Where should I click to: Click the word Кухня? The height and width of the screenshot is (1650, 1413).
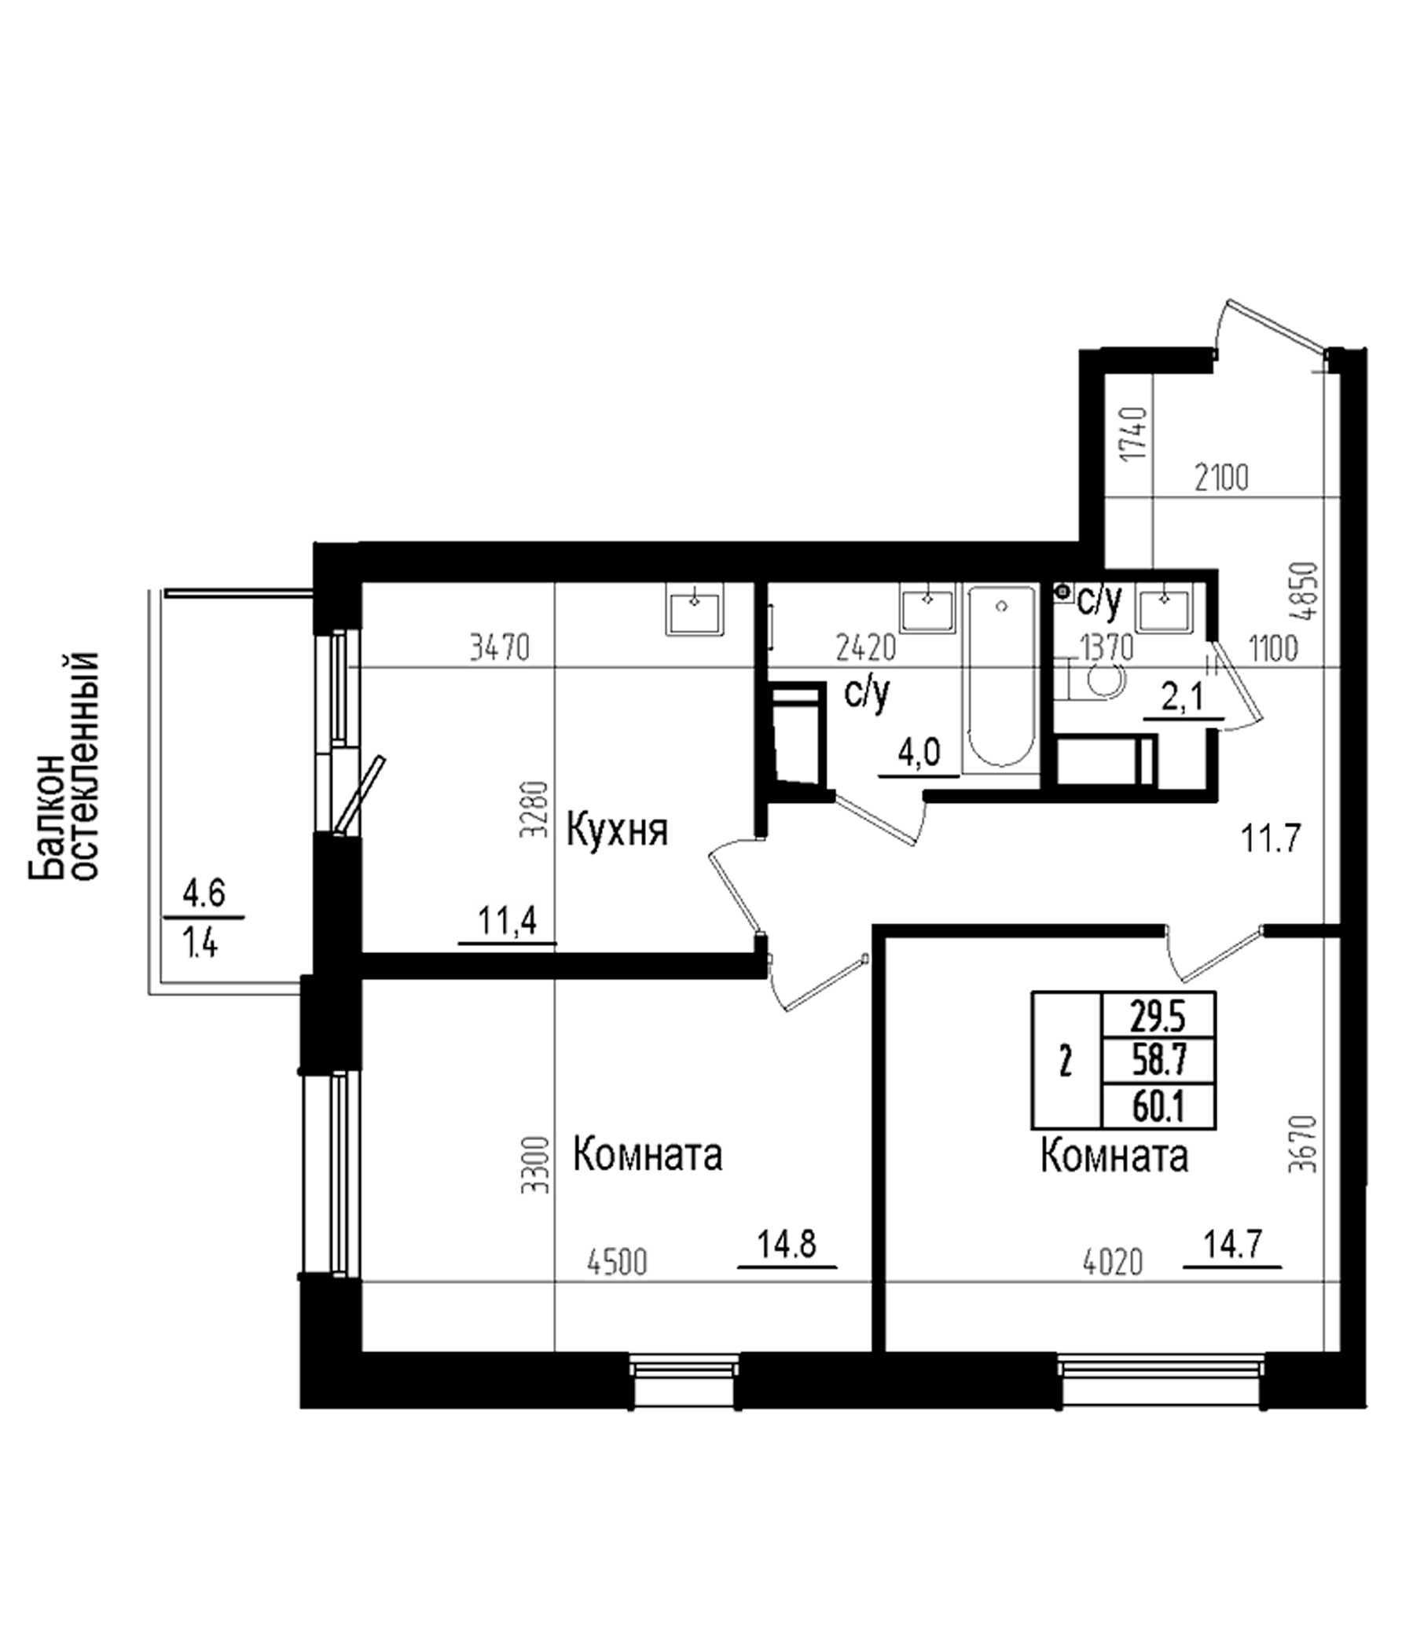click(x=616, y=831)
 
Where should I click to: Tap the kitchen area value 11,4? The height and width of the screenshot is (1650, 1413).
click(x=508, y=922)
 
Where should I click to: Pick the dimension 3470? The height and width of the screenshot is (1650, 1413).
click(x=499, y=649)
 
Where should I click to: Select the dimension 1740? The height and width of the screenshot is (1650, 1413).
click(x=1132, y=434)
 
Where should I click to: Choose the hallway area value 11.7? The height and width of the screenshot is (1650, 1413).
click(x=1271, y=838)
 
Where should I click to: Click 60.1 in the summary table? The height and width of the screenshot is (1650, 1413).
click(x=1159, y=1108)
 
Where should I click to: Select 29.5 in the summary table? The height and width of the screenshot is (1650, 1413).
click(x=1159, y=1015)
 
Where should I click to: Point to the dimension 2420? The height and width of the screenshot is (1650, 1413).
click(x=866, y=649)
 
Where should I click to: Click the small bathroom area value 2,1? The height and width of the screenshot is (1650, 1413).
click(x=1184, y=700)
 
